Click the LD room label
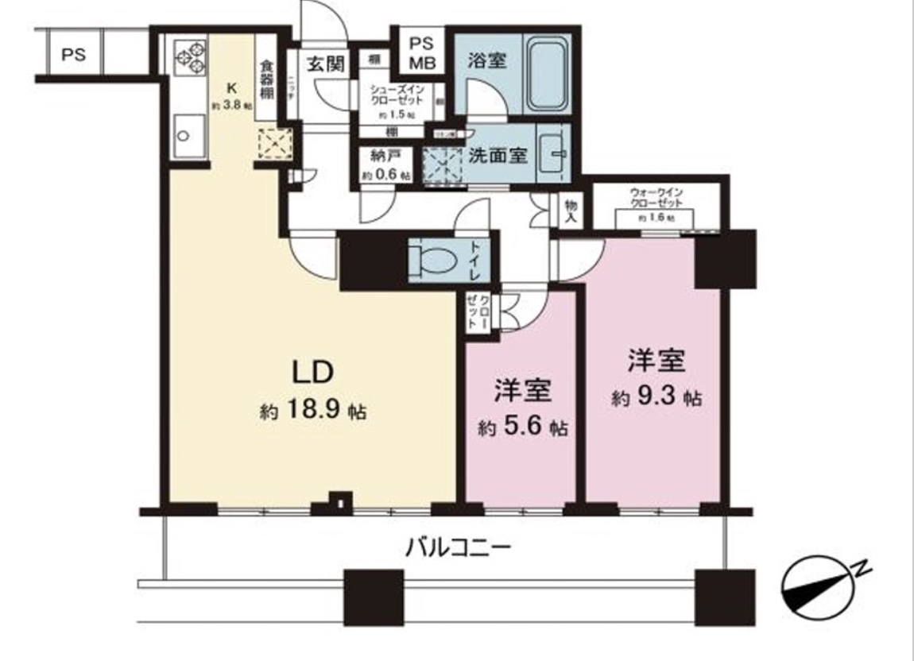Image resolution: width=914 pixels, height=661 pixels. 312,372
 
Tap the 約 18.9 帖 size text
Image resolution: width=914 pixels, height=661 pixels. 312,411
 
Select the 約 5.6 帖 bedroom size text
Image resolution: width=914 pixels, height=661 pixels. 522,428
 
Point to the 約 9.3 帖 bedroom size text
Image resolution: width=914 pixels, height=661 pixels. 656,398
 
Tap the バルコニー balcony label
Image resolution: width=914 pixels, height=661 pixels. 457,547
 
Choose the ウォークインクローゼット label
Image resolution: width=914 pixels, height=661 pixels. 656,199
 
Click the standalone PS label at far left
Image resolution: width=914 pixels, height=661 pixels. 74,56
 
